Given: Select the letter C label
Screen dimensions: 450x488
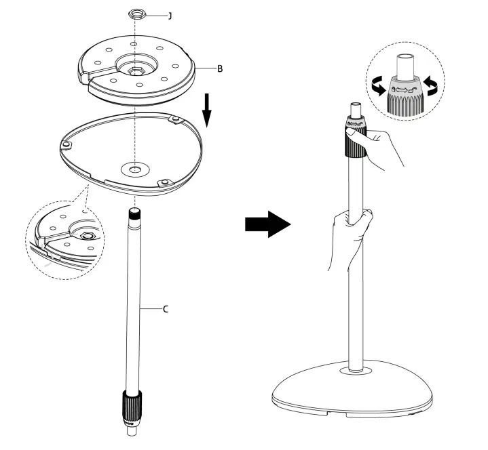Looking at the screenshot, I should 166,309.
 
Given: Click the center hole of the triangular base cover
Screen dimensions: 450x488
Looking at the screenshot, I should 134,167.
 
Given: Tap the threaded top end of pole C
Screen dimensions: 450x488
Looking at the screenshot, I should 134,216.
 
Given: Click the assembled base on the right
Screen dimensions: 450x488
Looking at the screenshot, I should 352,392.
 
